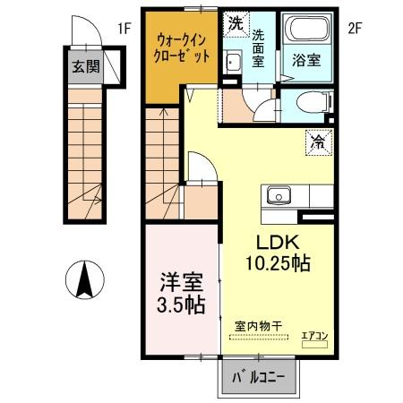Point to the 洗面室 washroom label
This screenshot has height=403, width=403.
tap(259, 48)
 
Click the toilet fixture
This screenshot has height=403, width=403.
tap(307, 101)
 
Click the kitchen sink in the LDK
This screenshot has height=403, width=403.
tap(277, 194)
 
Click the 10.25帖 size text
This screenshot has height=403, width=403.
tap(279, 263)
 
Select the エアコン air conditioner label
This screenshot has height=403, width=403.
tap(314, 335)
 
